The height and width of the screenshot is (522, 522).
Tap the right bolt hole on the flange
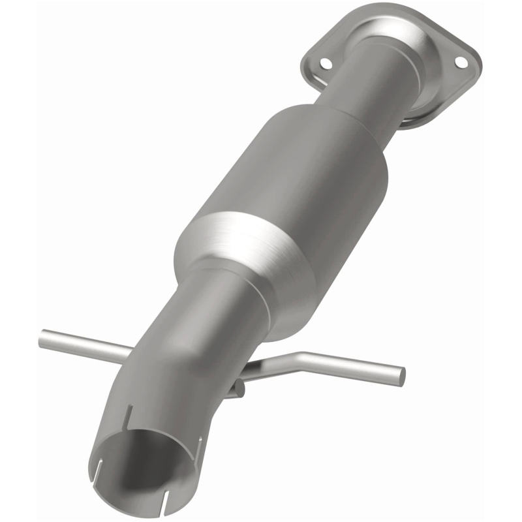pyautogui.click(x=461, y=62)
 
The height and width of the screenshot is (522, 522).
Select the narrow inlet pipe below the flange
pyautogui.click(x=385, y=85)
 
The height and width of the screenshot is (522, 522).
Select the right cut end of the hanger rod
pyautogui.click(x=399, y=376)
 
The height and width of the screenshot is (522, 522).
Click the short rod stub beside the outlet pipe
pyautogui.click(x=238, y=389)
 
